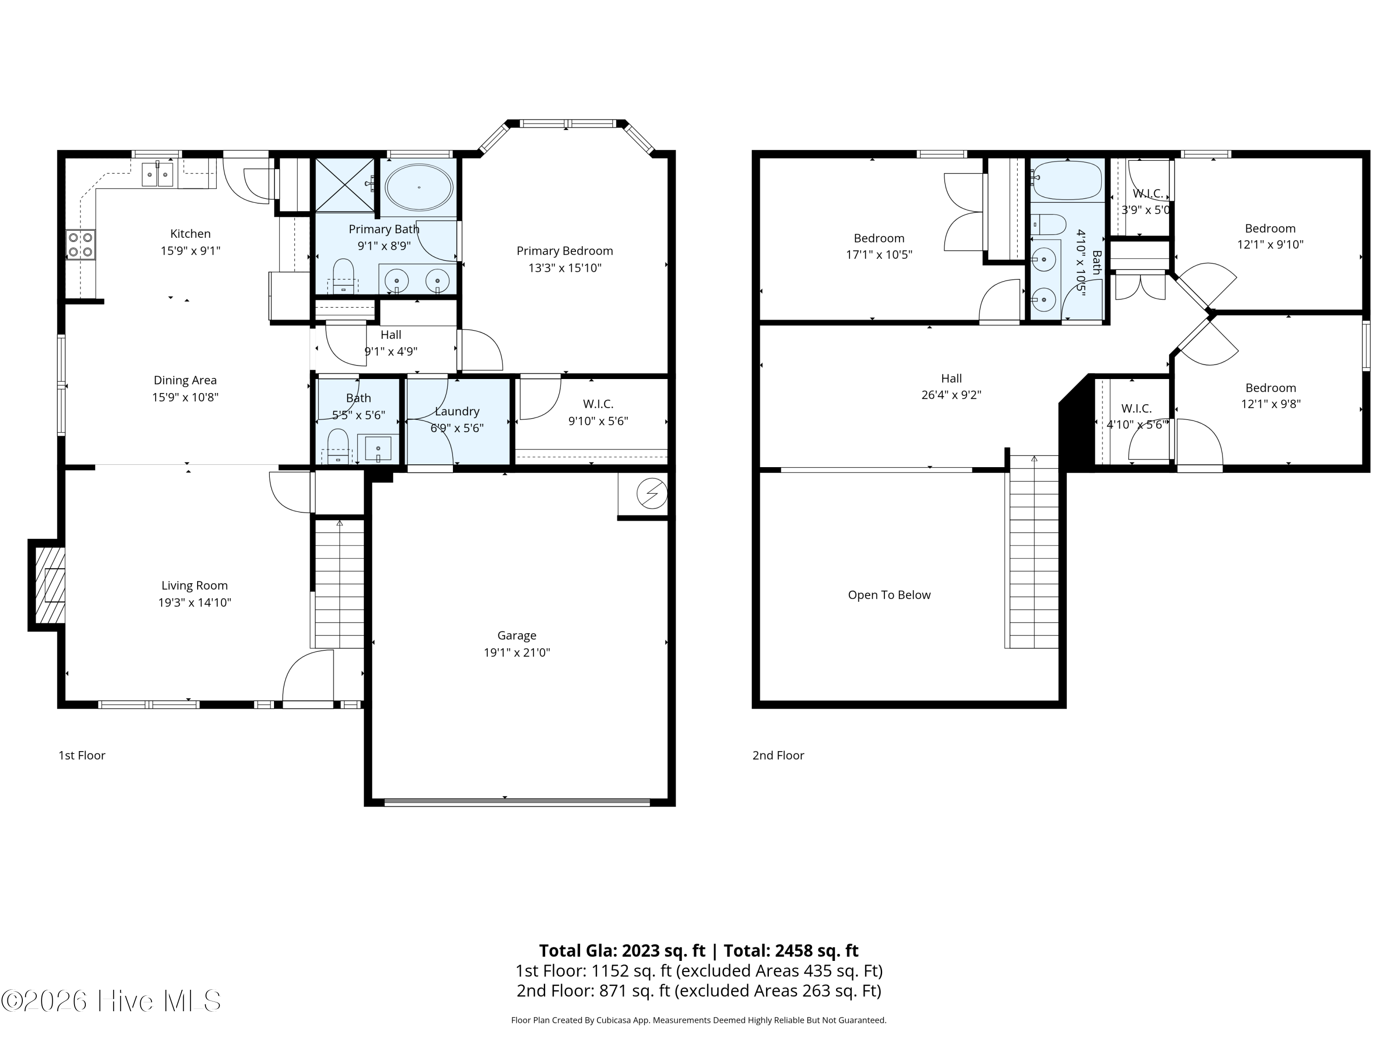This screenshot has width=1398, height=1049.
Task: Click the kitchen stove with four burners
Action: point(81,245)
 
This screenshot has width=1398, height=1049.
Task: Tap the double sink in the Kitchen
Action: point(158,174)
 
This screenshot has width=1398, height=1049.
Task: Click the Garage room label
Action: point(516,635)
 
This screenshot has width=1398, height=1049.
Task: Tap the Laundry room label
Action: point(457,412)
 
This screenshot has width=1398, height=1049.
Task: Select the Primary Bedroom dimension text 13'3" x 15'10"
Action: point(564,268)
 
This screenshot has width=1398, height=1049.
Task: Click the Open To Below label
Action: point(889,595)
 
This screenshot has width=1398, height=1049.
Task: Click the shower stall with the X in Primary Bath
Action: point(345,185)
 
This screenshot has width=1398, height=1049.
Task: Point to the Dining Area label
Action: point(185,380)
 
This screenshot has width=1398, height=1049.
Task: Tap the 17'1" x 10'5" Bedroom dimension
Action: point(879,255)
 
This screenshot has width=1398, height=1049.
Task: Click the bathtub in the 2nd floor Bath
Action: point(1067,180)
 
